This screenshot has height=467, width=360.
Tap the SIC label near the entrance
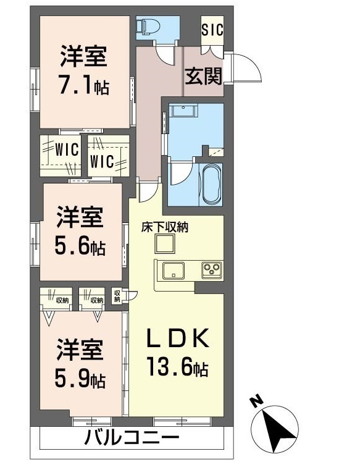tap(212, 28)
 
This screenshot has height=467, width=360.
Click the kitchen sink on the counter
tap(172, 270)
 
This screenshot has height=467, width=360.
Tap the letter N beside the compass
tap(255, 402)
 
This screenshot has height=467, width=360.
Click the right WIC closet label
tap(102, 161)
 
